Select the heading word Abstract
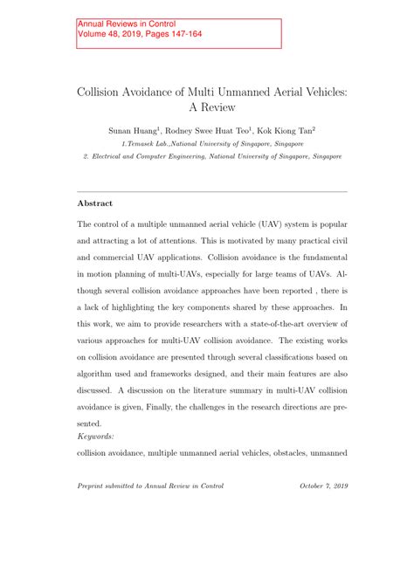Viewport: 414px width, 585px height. (95, 203)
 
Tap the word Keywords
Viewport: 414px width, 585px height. (96, 436)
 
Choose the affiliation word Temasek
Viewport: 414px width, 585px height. (141, 142)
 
